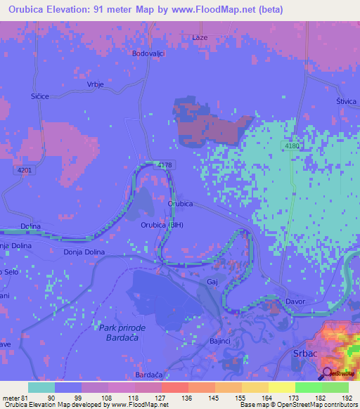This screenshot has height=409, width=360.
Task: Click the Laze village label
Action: (x=200, y=37)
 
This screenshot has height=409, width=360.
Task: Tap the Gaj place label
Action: (x=212, y=281)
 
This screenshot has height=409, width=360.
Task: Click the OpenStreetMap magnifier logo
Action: (x=327, y=373)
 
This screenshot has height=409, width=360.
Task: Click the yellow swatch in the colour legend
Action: (x=281, y=387)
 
